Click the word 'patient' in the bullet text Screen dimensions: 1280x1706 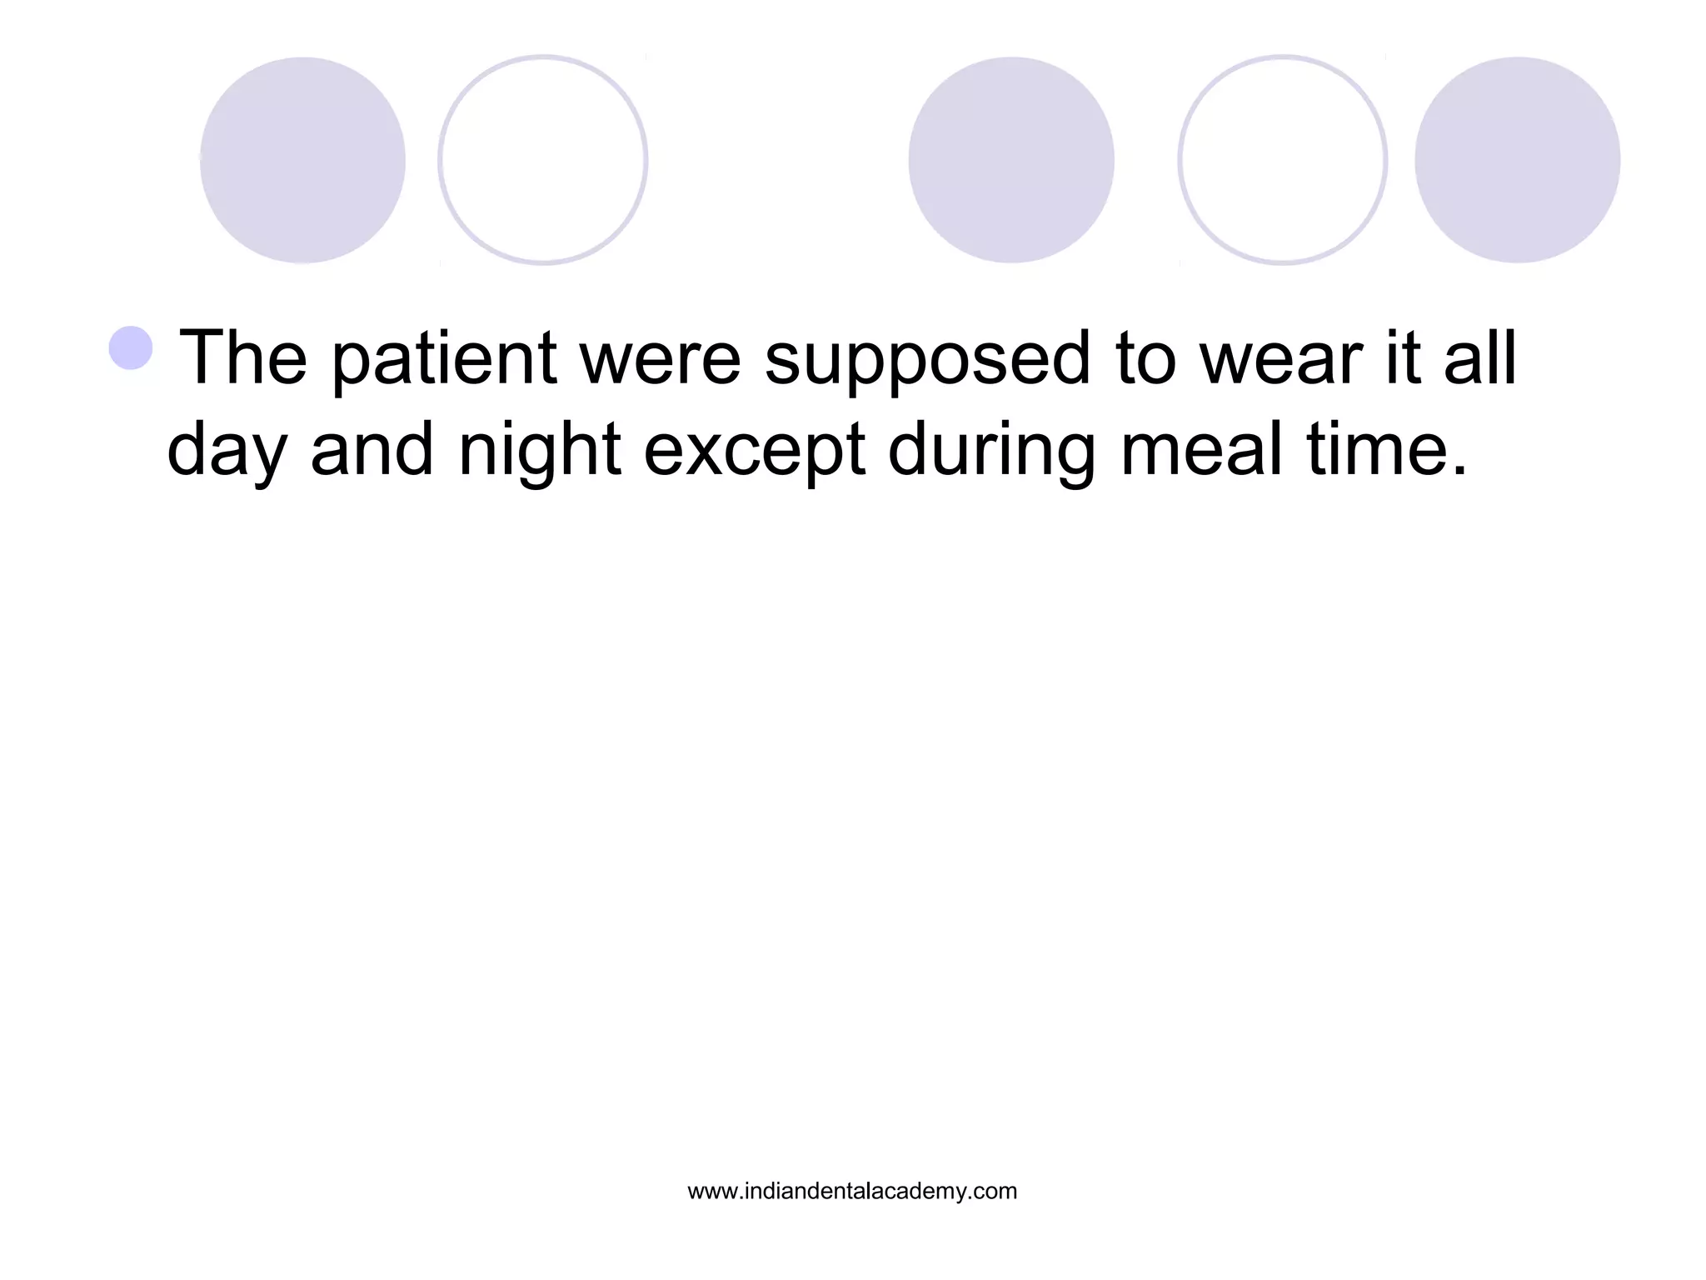[443, 360]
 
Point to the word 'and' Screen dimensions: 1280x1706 [372, 450]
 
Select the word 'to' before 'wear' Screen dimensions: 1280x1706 [1143, 360]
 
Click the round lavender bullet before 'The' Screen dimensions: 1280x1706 [131, 347]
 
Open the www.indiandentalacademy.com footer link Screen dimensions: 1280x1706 [852, 1192]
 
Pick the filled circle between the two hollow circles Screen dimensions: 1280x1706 [1010, 160]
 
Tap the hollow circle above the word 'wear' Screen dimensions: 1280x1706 [1282, 160]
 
